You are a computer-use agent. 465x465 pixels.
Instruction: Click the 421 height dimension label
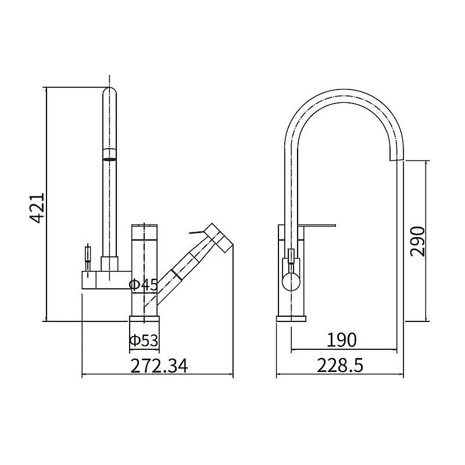click(37, 208)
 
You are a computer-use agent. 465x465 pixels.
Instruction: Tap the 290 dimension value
click(417, 241)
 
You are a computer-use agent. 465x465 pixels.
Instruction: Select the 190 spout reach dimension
click(341, 340)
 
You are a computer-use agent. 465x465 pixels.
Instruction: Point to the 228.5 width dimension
click(340, 366)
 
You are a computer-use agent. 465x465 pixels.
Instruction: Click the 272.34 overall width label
click(159, 366)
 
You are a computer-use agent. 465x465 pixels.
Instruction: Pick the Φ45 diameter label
click(144, 285)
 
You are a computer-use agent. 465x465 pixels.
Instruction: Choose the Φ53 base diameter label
click(144, 341)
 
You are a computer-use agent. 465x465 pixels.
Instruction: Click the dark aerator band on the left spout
click(109, 160)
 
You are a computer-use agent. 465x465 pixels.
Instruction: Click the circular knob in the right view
click(291, 282)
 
